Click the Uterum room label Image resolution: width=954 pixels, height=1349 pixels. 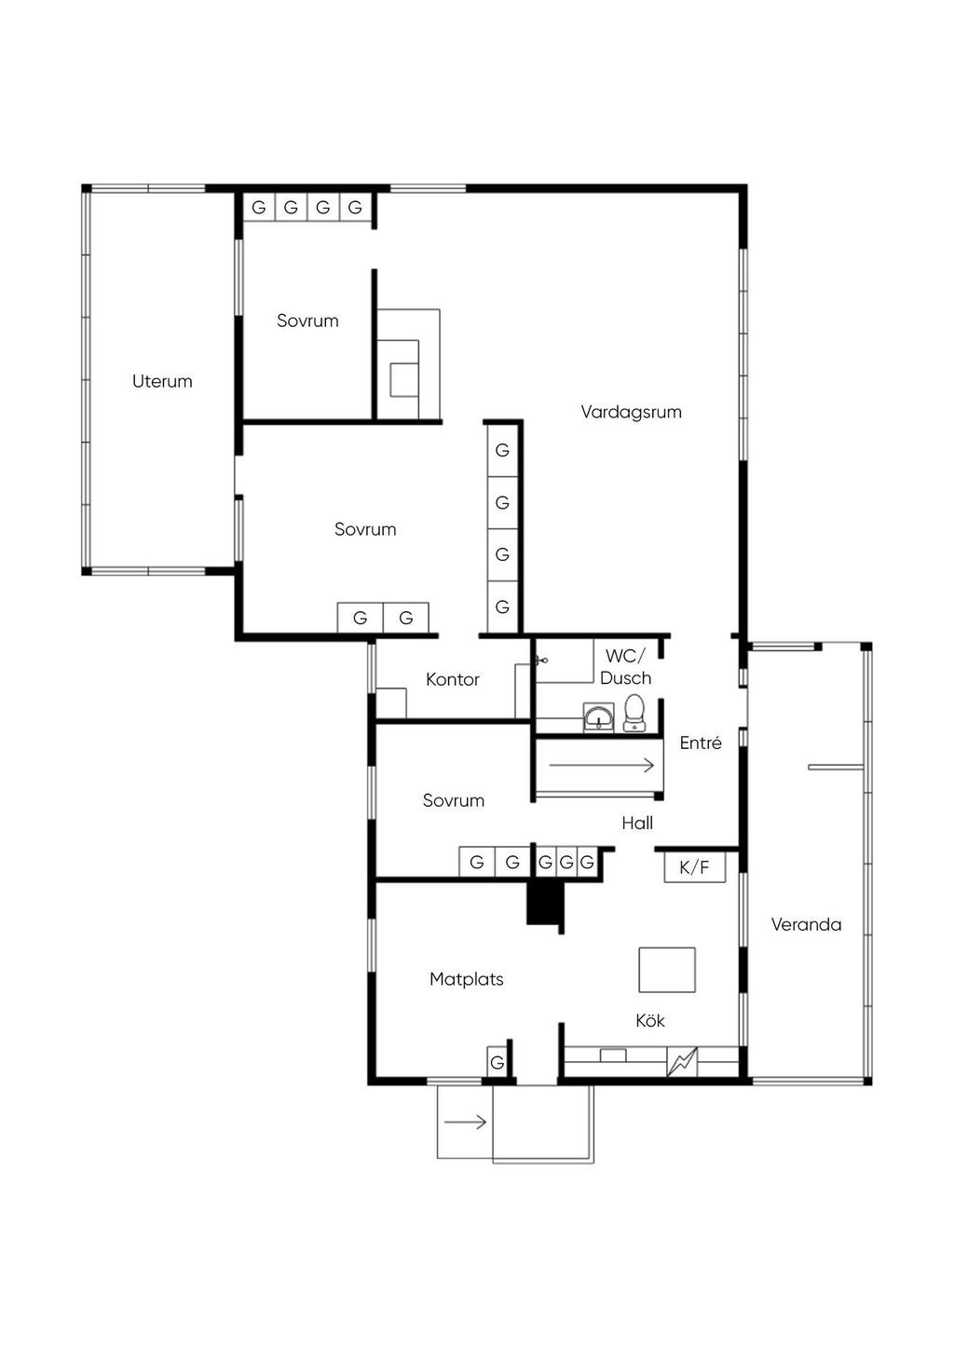tap(162, 381)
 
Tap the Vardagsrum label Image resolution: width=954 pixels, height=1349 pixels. tap(631, 412)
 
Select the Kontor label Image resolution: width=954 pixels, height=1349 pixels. tap(452, 679)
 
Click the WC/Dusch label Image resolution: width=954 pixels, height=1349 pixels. tap(625, 667)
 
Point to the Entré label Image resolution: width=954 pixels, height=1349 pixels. tap(701, 743)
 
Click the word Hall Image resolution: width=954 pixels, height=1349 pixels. tap(637, 823)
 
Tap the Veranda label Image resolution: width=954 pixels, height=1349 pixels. tap(806, 924)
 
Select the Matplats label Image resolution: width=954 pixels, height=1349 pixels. tap(467, 979)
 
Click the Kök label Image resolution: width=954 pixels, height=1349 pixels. tap(650, 1020)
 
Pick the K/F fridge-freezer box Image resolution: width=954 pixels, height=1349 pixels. tap(694, 867)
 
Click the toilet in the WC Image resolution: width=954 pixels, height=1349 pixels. tap(633, 713)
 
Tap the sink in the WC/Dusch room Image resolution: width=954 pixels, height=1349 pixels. tap(599, 717)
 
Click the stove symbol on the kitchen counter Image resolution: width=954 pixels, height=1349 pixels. tap(682, 1062)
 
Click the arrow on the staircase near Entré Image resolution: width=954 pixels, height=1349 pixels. tap(601, 766)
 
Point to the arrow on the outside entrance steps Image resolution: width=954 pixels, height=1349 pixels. tap(465, 1122)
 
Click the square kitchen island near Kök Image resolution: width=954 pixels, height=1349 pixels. tap(667, 970)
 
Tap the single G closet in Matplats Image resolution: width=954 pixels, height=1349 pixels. tap(497, 1062)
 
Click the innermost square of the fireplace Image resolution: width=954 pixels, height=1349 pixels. tap(404, 380)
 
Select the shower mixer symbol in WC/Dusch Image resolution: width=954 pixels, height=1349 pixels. tap(541, 661)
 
